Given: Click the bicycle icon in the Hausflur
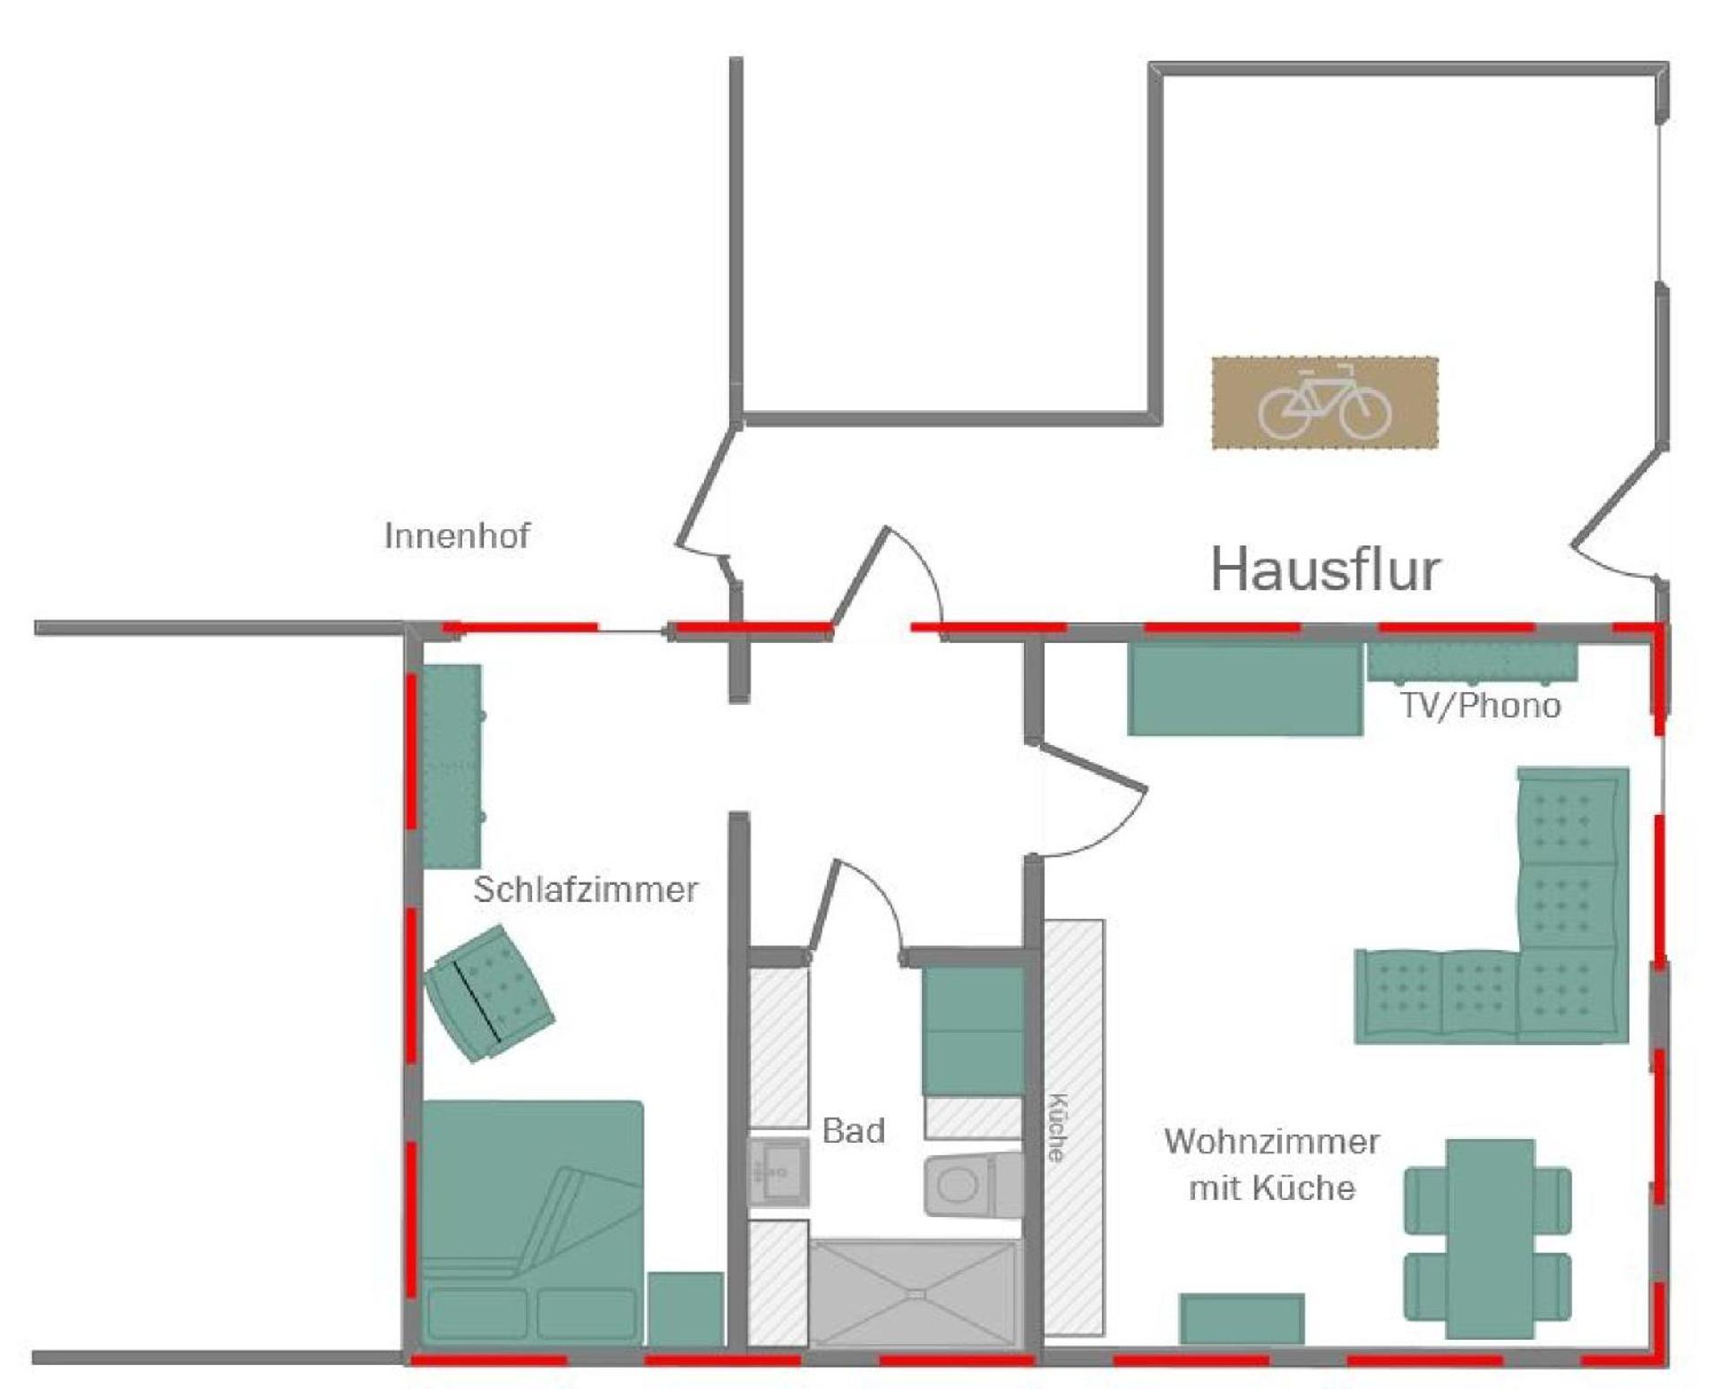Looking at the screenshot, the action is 1325,402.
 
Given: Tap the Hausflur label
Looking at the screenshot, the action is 1326,570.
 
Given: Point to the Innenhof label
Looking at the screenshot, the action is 457,536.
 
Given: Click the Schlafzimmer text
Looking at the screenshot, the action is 586,889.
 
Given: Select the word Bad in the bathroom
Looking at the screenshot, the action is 853,1130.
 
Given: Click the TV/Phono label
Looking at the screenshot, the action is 1481,706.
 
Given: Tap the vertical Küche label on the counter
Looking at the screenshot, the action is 1057,1127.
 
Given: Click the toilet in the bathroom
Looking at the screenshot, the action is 973,1185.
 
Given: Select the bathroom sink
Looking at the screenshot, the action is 778,1171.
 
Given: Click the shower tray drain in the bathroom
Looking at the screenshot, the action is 915,1293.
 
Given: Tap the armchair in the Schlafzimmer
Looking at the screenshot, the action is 489,993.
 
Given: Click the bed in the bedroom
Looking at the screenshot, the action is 532,1222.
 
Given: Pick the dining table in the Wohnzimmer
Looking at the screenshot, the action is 1488,1239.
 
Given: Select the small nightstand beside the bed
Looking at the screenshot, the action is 685,1308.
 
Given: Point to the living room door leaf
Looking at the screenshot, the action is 1088,767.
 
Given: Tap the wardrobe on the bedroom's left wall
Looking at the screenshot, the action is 451,767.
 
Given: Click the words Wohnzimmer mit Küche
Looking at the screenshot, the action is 1272,1165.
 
